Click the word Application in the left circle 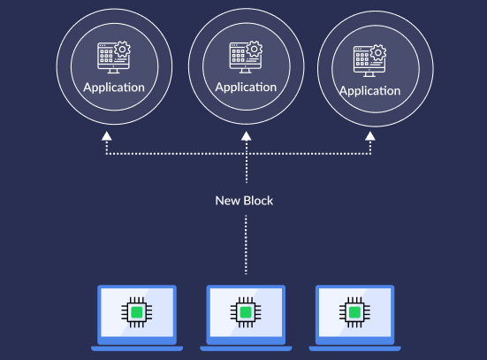click(113, 88)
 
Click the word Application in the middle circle click(245, 87)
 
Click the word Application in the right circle click(369, 91)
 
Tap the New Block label click(244, 201)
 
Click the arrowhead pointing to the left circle click(106, 135)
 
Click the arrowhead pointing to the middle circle click(246, 135)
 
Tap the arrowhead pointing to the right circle click(370, 135)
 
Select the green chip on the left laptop click(137, 312)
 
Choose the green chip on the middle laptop click(246, 312)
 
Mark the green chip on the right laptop click(354, 312)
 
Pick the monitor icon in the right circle click(365, 61)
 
